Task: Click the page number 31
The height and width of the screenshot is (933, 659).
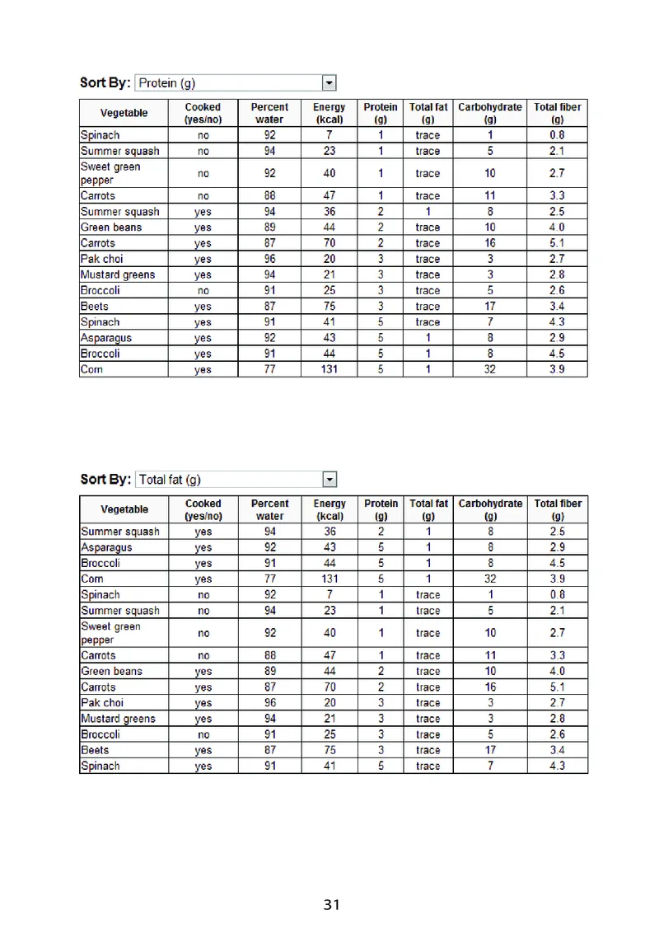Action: click(331, 905)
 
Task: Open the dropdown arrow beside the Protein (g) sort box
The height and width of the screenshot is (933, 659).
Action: click(329, 82)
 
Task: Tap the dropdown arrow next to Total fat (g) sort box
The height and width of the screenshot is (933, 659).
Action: click(329, 479)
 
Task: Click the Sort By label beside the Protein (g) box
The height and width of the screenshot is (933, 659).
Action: click(105, 82)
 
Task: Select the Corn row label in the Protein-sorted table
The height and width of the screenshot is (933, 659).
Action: click(92, 370)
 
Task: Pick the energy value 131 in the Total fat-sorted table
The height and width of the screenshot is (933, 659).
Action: click(329, 579)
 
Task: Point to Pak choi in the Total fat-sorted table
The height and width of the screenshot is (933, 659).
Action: click(102, 703)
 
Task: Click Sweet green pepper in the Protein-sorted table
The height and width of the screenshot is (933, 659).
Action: click(110, 173)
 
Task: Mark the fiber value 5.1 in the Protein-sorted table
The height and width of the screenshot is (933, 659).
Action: click(558, 243)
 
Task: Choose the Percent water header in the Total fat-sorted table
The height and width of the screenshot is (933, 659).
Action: click(270, 509)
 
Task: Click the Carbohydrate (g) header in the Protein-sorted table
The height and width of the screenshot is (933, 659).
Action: click(490, 113)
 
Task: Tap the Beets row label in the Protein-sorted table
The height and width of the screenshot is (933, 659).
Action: click(95, 307)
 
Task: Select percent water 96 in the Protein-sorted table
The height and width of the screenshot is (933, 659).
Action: click(270, 259)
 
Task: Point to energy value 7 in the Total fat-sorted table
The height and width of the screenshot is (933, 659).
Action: click(329, 594)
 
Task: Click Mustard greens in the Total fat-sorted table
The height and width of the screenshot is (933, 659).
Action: click(118, 719)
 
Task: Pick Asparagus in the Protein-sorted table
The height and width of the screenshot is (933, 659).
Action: click(106, 338)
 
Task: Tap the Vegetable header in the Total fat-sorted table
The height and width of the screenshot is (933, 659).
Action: click(124, 509)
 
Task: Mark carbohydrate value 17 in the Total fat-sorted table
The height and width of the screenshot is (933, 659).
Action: click(490, 750)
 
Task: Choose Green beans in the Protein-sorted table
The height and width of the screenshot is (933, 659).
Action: click(111, 227)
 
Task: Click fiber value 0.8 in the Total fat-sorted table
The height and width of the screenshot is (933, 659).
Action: click(558, 594)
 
